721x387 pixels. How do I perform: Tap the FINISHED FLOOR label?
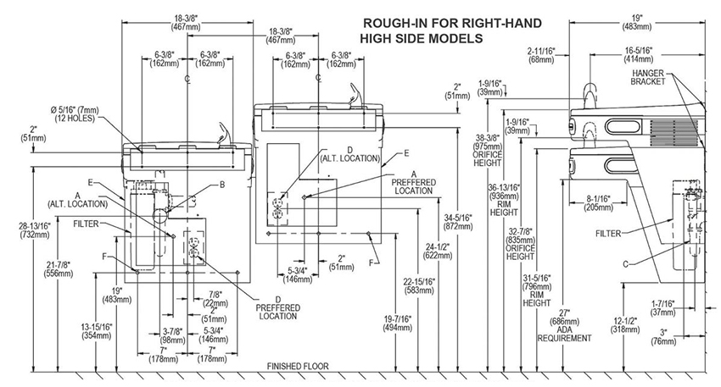point(298,367)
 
